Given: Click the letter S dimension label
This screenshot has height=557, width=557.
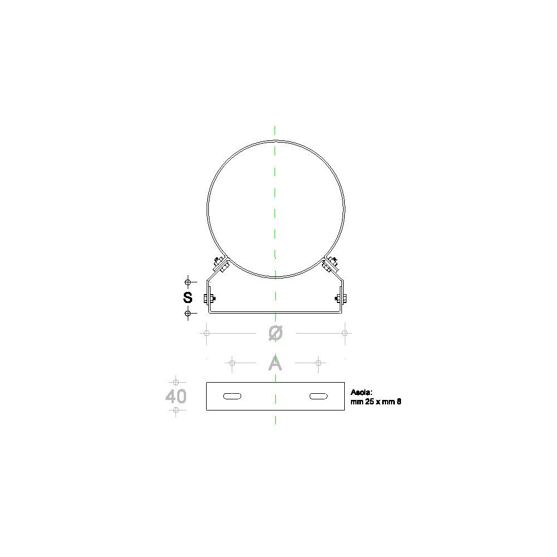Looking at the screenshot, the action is point(188,297).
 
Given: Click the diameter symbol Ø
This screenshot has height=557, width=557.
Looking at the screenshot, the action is point(276,333).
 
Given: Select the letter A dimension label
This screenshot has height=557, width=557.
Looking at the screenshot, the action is point(275,363).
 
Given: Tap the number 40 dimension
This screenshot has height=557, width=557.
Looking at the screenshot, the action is point(176,396).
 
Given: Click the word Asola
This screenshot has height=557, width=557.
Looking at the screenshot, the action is point(361,392).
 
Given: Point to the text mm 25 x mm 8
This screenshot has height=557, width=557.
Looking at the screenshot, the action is point(376,402).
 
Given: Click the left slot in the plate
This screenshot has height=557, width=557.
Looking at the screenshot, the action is point(232,396).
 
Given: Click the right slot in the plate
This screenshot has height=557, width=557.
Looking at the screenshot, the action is point(319,396).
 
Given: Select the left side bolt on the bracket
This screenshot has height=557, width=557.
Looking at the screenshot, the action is point(209,299).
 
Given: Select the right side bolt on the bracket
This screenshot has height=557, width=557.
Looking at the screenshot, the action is point(341,299).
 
